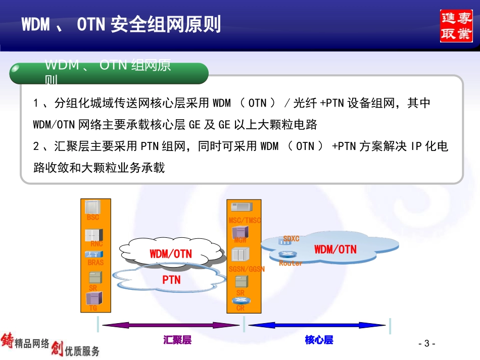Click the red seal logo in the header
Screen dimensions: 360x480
click(x=456, y=26)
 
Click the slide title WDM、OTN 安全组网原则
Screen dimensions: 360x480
click(x=121, y=24)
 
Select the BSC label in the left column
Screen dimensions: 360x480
click(x=93, y=218)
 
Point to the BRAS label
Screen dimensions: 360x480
click(x=95, y=263)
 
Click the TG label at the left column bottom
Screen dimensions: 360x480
click(x=93, y=308)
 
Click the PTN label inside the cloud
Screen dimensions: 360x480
click(x=171, y=279)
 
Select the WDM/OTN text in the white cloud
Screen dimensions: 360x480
click(x=171, y=254)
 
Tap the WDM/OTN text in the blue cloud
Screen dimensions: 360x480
click(x=335, y=249)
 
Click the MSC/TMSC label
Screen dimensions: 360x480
click(x=245, y=221)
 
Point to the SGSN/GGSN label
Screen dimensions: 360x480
click(x=247, y=270)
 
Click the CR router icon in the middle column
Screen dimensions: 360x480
click(x=241, y=301)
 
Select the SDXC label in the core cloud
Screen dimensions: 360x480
click(x=291, y=238)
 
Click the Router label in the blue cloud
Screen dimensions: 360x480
click(x=291, y=264)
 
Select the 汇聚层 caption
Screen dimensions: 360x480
click(x=177, y=340)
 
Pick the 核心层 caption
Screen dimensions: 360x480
click(x=319, y=340)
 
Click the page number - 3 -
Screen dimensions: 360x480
click(x=427, y=344)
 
